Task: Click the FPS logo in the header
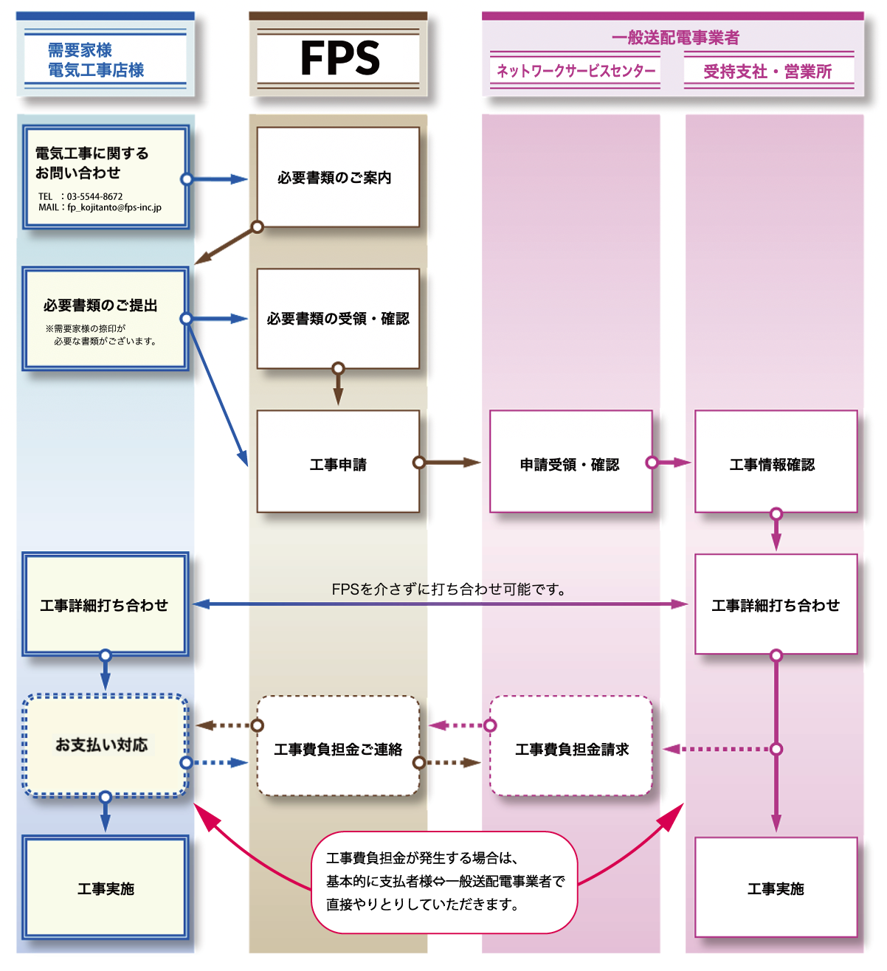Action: (339, 58)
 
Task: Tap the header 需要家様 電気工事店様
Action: (96, 60)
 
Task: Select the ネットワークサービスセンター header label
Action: (576, 72)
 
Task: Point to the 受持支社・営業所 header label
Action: (767, 72)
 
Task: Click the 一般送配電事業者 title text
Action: (675, 38)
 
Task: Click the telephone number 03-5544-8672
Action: (94, 196)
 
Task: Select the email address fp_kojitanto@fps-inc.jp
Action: (114, 207)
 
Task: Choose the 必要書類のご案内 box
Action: (337, 177)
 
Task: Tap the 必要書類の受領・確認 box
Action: (337, 318)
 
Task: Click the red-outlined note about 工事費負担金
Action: (444, 882)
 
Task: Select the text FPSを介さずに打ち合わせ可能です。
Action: (449, 590)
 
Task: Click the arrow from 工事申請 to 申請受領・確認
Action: (450, 463)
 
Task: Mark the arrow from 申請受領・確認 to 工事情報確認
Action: (672, 463)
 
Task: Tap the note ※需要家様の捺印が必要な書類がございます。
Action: (101, 335)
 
